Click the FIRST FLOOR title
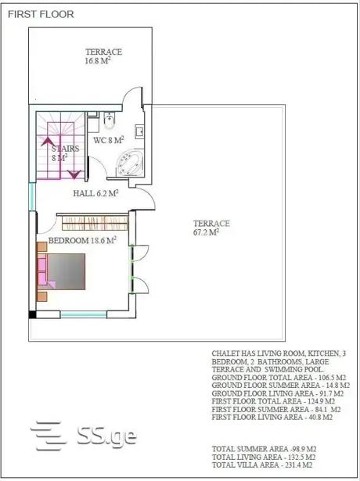[41, 14]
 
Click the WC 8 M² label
[109, 140]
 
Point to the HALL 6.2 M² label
[95, 193]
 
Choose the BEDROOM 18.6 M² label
[82, 240]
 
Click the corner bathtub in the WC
[130, 163]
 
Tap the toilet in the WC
[110, 120]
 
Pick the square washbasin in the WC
[139, 132]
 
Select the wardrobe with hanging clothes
[95, 223]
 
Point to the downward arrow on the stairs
[74, 174]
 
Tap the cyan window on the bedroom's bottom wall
[84, 314]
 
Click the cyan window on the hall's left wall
[32, 196]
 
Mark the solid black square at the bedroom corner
[32, 314]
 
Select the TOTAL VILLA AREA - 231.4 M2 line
[262, 465]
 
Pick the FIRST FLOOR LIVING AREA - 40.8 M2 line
[272, 417]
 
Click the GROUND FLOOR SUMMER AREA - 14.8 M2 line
[280, 386]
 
